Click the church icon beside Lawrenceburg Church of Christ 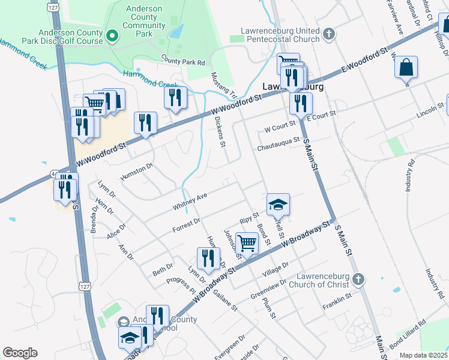(358, 279)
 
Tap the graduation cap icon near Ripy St (278, 205)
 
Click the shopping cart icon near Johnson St (247, 243)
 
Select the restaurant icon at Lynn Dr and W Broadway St (208, 258)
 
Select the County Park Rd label (183, 60)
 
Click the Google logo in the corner (20, 352)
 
